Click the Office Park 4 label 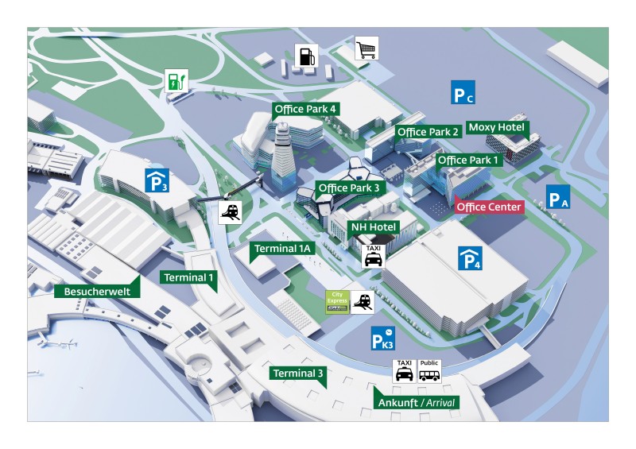click(x=305, y=109)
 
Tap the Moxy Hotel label click(x=496, y=127)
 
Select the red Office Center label click(x=489, y=207)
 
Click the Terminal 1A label click(x=282, y=249)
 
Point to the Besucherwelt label click(x=97, y=291)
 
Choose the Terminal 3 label click(x=297, y=374)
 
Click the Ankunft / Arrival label click(x=417, y=402)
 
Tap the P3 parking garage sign click(x=157, y=180)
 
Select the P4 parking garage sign click(x=470, y=258)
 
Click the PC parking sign click(x=463, y=92)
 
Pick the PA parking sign click(x=558, y=197)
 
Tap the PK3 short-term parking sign click(x=383, y=339)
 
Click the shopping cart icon click(x=366, y=48)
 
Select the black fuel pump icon click(x=306, y=56)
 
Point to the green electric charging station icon click(x=176, y=81)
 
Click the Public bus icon click(x=429, y=370)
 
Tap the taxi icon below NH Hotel click(x=373, y=256)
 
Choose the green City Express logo click(x=337, y=302)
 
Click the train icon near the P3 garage click(x=230, y=212)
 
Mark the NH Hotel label click(x=373, y=227)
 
